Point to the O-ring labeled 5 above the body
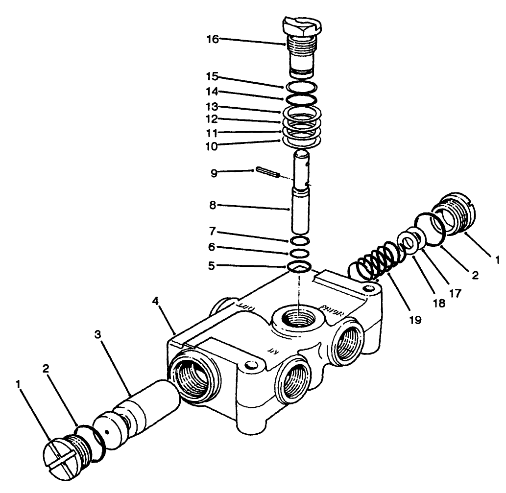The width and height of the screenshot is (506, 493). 299,267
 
